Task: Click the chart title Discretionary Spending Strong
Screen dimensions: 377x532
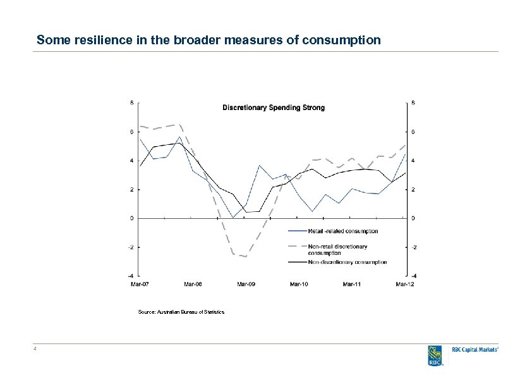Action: [274, 108]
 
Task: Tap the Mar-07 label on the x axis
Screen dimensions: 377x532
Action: [140, 284]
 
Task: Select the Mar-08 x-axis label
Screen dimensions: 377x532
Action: [193, 284]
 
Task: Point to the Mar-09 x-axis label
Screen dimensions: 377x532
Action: [246, 284]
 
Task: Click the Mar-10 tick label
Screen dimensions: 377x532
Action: [299, 284]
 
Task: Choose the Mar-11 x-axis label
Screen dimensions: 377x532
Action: [352, 284]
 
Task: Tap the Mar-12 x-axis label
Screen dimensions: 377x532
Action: [404, 284]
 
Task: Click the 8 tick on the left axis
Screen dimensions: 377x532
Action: [131, 102]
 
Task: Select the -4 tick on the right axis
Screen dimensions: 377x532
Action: [414, 276]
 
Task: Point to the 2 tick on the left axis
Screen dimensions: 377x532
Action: [131, 190]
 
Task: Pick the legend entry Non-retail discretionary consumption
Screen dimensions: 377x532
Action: [338, 249]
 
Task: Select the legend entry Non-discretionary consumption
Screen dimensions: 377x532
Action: [348, 262]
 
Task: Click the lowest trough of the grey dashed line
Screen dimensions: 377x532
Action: [246, 257]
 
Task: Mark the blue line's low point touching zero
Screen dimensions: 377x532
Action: [233, 218]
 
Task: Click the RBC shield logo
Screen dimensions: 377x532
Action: [435, 355]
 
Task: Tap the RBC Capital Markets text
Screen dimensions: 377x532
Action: [475, 349]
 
